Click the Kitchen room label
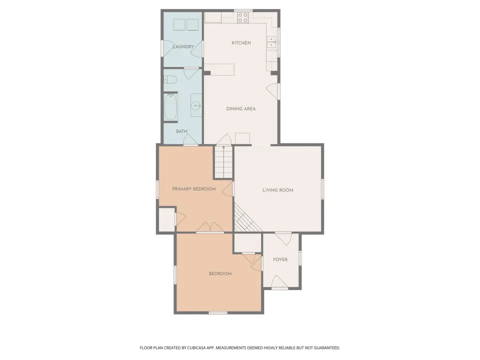tap(241, 43)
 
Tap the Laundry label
tap(183, 46)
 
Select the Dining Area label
tap(240, 108)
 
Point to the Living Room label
tap(277, 190)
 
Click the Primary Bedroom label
tap(194, 189)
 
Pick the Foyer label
tap(280, 259)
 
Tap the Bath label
tap(181, 131)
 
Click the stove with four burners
tap(243, 17)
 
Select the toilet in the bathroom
tap(170, 80)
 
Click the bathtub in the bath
tap(171, 107)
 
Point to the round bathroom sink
tap(196, 105)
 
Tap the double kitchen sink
tap(272, 42)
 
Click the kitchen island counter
tap(219, 69)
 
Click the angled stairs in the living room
tap(246, 218)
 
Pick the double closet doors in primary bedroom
tap(210, 227)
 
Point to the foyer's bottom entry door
tap(279, 282)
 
